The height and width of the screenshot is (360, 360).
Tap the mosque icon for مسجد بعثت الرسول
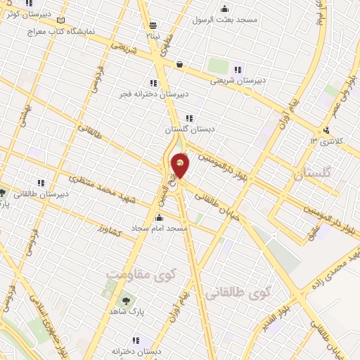pos(224,8)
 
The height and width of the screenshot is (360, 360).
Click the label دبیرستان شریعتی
pos(241,80)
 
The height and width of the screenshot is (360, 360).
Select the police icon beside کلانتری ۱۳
pos(326,130)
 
